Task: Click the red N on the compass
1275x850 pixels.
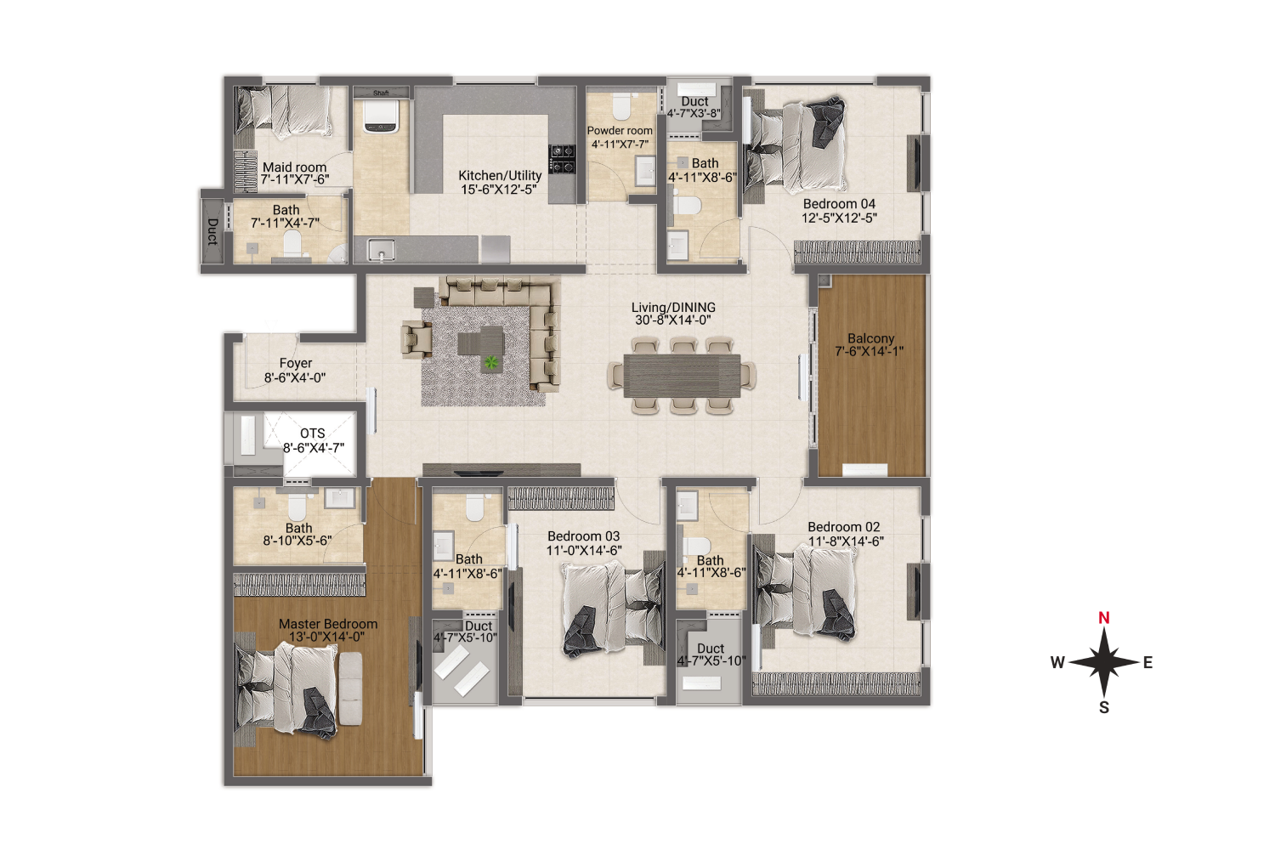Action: click(x=1103, y=618)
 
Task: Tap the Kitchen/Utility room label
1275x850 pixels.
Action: click(x=500, y=175)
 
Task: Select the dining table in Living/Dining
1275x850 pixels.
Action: click(x=682, y=375)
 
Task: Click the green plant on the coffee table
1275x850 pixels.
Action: click(x=490, y=363)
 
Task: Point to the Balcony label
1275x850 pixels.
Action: click(x=870, y=338)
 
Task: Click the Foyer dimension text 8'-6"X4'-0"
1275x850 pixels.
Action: click(x=295, y=377)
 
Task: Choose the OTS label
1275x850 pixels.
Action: click(x=312, y=433)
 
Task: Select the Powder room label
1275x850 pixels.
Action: click(x=620, y=131)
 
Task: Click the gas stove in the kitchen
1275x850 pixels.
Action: click(x=562, y=159)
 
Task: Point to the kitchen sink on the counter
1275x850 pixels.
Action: click(x=381, y=250)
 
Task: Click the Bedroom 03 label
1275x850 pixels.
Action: click(x=583, y=536)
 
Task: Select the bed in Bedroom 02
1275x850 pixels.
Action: click(x=807, y=592)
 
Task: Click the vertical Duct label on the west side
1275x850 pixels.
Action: click(x=212, y=231)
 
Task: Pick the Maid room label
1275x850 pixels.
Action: click(x=294, y=167)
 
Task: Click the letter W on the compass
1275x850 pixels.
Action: click(x=1057, y=663)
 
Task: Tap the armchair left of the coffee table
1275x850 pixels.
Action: click(x=416, y=337)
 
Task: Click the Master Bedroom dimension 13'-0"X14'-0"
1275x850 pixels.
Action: click(x=326, y=637)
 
